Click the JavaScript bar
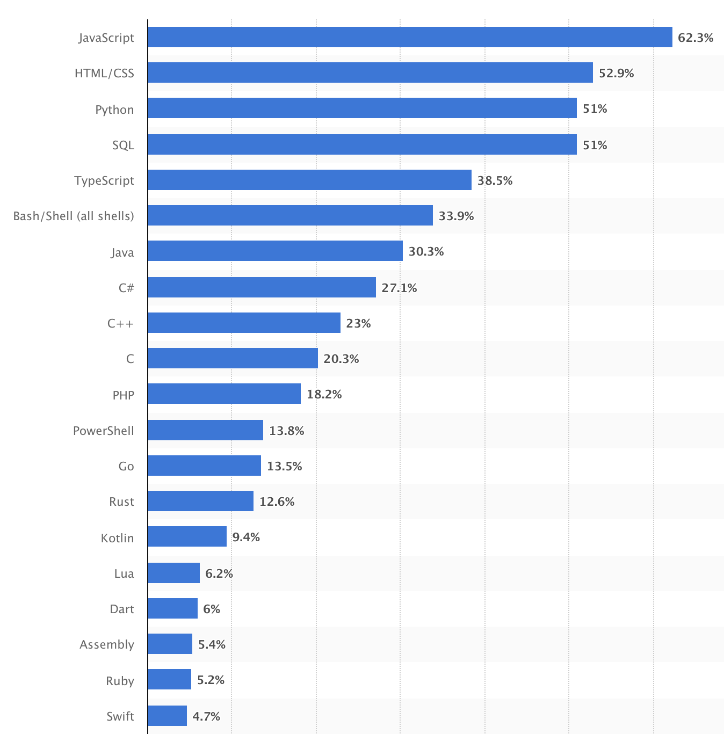coord(410,37)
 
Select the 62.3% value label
coord(695,38)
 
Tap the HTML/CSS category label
coord(104,73)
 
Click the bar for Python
coord(362,108)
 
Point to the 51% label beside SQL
coord(595,145)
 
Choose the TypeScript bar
coord(309,180)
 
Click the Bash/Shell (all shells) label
coord(74,216)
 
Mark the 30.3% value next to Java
coord(426,251)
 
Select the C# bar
coord(262,287)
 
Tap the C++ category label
coord(120,323)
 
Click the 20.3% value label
coord(341,359)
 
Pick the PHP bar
coord(224,394)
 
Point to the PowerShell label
coord(103,431)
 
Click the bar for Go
coord(204,466)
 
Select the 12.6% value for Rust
coord(277,502)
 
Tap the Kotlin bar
coord(187,536)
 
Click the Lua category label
coord(124,573)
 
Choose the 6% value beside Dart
coord(212,609)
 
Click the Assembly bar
coord(170,644)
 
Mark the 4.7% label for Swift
coord(206,716)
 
